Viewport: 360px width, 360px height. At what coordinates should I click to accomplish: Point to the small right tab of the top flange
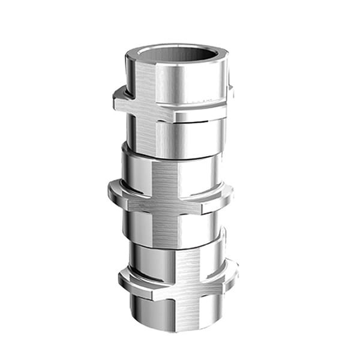point(230,92)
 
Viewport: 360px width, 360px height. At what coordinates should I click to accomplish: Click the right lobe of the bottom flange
point(229,270)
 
